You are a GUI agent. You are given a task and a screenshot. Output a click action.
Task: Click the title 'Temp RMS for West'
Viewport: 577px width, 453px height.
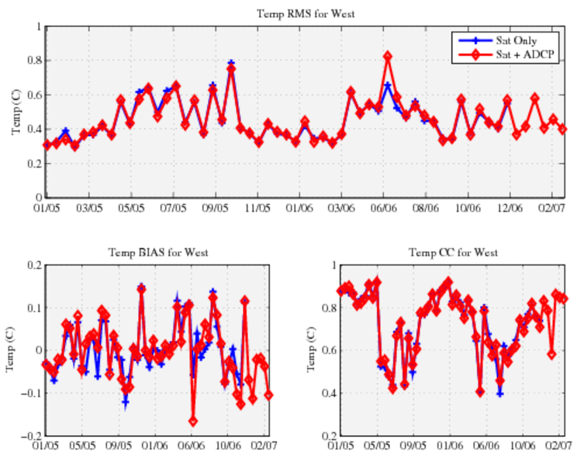click(x=300, y=13)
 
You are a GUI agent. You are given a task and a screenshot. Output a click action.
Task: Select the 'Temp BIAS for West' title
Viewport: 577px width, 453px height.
click(x=157, y=253)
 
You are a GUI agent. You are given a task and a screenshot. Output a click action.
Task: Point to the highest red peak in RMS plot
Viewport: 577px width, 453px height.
click(x=388, y=57)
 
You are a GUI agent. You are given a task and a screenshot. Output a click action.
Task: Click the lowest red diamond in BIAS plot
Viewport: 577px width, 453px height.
click(x=193, y=421)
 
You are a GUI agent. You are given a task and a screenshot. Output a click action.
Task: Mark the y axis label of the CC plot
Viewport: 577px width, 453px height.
click(x=310, y=349)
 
